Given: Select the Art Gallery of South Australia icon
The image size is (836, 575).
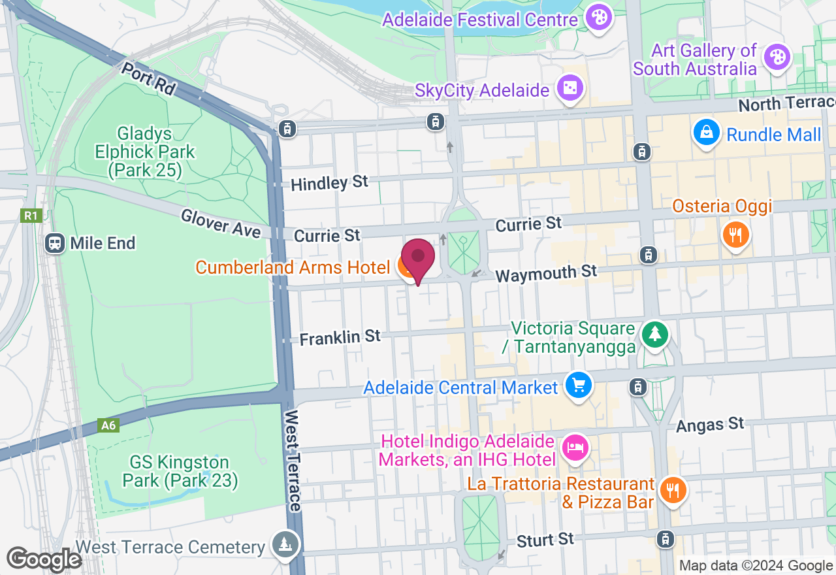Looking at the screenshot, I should click(777, 57).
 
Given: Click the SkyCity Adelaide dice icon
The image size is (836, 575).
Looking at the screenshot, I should click(569, 90).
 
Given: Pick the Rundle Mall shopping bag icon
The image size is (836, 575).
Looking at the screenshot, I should click(707, 133).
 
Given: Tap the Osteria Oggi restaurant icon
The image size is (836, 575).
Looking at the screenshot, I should click(735, 234).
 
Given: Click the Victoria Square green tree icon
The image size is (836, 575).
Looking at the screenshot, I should click(654, 334).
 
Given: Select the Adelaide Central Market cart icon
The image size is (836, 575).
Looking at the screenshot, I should click(577, 386).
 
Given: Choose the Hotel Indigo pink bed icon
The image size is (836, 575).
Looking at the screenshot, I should click(575, 448).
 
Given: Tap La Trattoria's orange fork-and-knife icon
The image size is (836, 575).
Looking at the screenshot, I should click(672, 490).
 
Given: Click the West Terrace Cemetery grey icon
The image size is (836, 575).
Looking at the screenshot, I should click(285, 545).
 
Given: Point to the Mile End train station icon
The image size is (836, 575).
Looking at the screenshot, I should click(54, 243).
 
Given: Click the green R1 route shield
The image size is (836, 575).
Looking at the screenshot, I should click(31, 216).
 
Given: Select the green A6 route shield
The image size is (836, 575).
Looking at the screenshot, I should click(108, 425).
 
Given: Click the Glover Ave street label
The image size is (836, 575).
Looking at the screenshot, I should click(220, 223).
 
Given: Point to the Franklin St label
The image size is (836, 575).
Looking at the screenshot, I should click(340, 337).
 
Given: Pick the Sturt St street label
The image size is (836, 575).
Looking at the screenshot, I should click(545, 540).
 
